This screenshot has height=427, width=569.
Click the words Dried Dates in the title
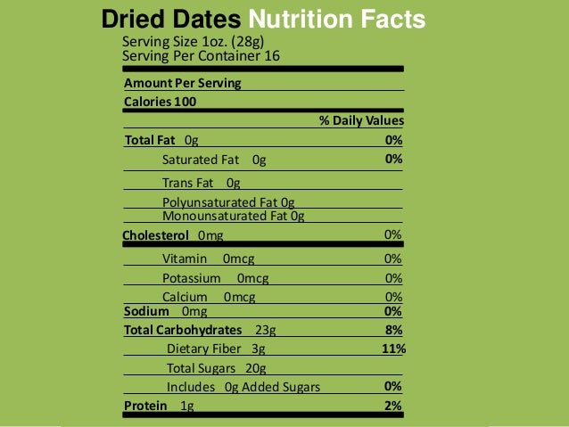171,20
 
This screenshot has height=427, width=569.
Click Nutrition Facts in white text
336,20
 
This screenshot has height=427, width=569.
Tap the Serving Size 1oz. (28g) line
193,42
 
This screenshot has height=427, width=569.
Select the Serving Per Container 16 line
202,56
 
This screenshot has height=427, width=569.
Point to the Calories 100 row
160,102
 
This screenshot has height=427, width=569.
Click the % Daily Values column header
361,120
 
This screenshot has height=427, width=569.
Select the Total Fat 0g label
161,140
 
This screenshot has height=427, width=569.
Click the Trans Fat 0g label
202,183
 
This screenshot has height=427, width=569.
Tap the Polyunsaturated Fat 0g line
228,202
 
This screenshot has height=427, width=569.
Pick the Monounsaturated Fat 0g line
233,216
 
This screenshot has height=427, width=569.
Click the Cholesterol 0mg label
173,235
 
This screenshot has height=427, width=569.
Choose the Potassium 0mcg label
215,278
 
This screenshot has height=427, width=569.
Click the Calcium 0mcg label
209,297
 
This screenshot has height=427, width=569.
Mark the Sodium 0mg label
165,311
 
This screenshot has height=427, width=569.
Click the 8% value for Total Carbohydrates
393,329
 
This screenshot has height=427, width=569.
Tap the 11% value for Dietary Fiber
393,349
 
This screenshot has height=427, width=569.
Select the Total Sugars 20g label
216,368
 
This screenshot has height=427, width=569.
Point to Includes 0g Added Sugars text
243,387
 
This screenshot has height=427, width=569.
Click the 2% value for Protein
393,406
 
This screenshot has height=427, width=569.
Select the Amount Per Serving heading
182,83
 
